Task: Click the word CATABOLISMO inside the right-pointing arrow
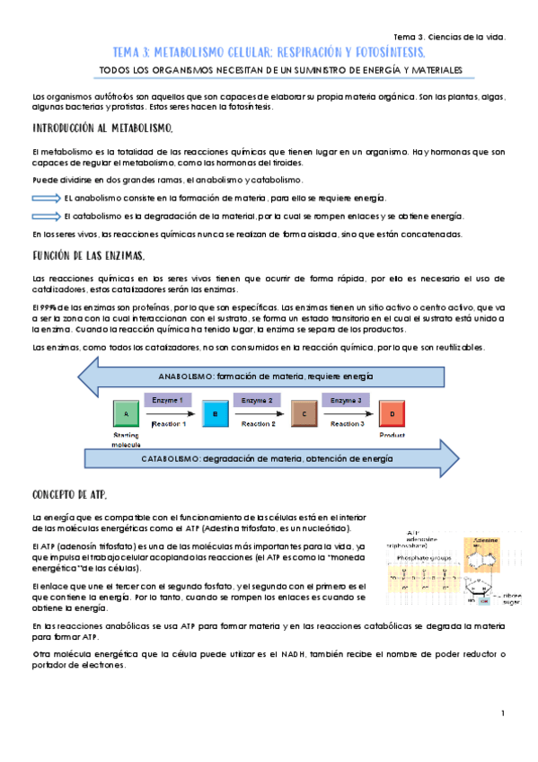pos(171,458)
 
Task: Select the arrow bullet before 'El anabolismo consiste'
pos(46,198)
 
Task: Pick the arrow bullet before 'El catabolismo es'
pos(46,217)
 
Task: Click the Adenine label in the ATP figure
pos(476,543)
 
